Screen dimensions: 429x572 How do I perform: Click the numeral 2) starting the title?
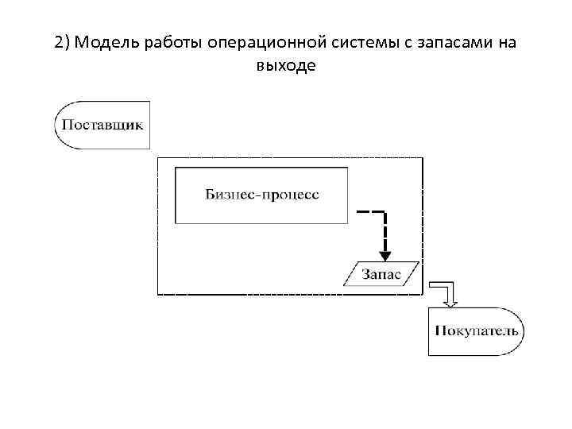(x=64, y=43)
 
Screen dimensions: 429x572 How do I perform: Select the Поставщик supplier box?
(x=102, y=125)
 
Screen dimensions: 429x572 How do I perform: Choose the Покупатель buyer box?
(x=476, y=330)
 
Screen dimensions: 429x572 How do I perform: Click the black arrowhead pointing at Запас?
(x=385, y=255)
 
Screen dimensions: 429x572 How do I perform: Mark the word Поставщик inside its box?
(x=102, y=125)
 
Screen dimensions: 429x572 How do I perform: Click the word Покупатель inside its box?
(x=476, y=330)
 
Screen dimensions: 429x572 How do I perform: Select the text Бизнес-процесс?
(x=262, y=195)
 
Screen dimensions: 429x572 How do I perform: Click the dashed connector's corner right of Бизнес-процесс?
(x=385, y=213)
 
